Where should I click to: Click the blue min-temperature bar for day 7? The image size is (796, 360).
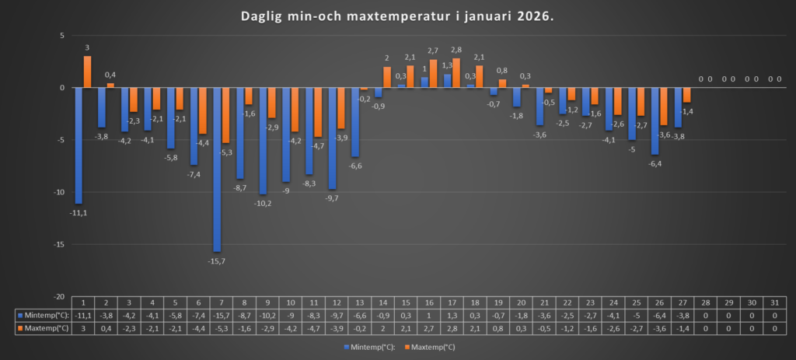(217, 169)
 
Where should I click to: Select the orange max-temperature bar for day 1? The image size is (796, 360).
(88, 72)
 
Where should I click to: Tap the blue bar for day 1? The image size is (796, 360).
(79, 145)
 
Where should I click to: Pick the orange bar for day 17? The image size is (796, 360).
(456, 73)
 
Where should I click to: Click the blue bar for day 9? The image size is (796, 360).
(263, 141)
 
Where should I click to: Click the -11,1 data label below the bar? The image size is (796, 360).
(79, 212)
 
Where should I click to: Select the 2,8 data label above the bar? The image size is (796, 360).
(456, 51)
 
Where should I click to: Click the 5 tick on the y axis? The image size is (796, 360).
(61, 36)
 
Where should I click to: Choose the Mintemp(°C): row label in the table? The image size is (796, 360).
(43, 316)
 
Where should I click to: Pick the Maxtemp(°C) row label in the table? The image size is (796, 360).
(43, 329)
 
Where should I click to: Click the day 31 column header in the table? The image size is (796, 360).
(775, 302)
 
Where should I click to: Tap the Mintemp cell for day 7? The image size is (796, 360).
(221, 316)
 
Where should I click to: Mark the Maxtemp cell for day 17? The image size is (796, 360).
(451, 329)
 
